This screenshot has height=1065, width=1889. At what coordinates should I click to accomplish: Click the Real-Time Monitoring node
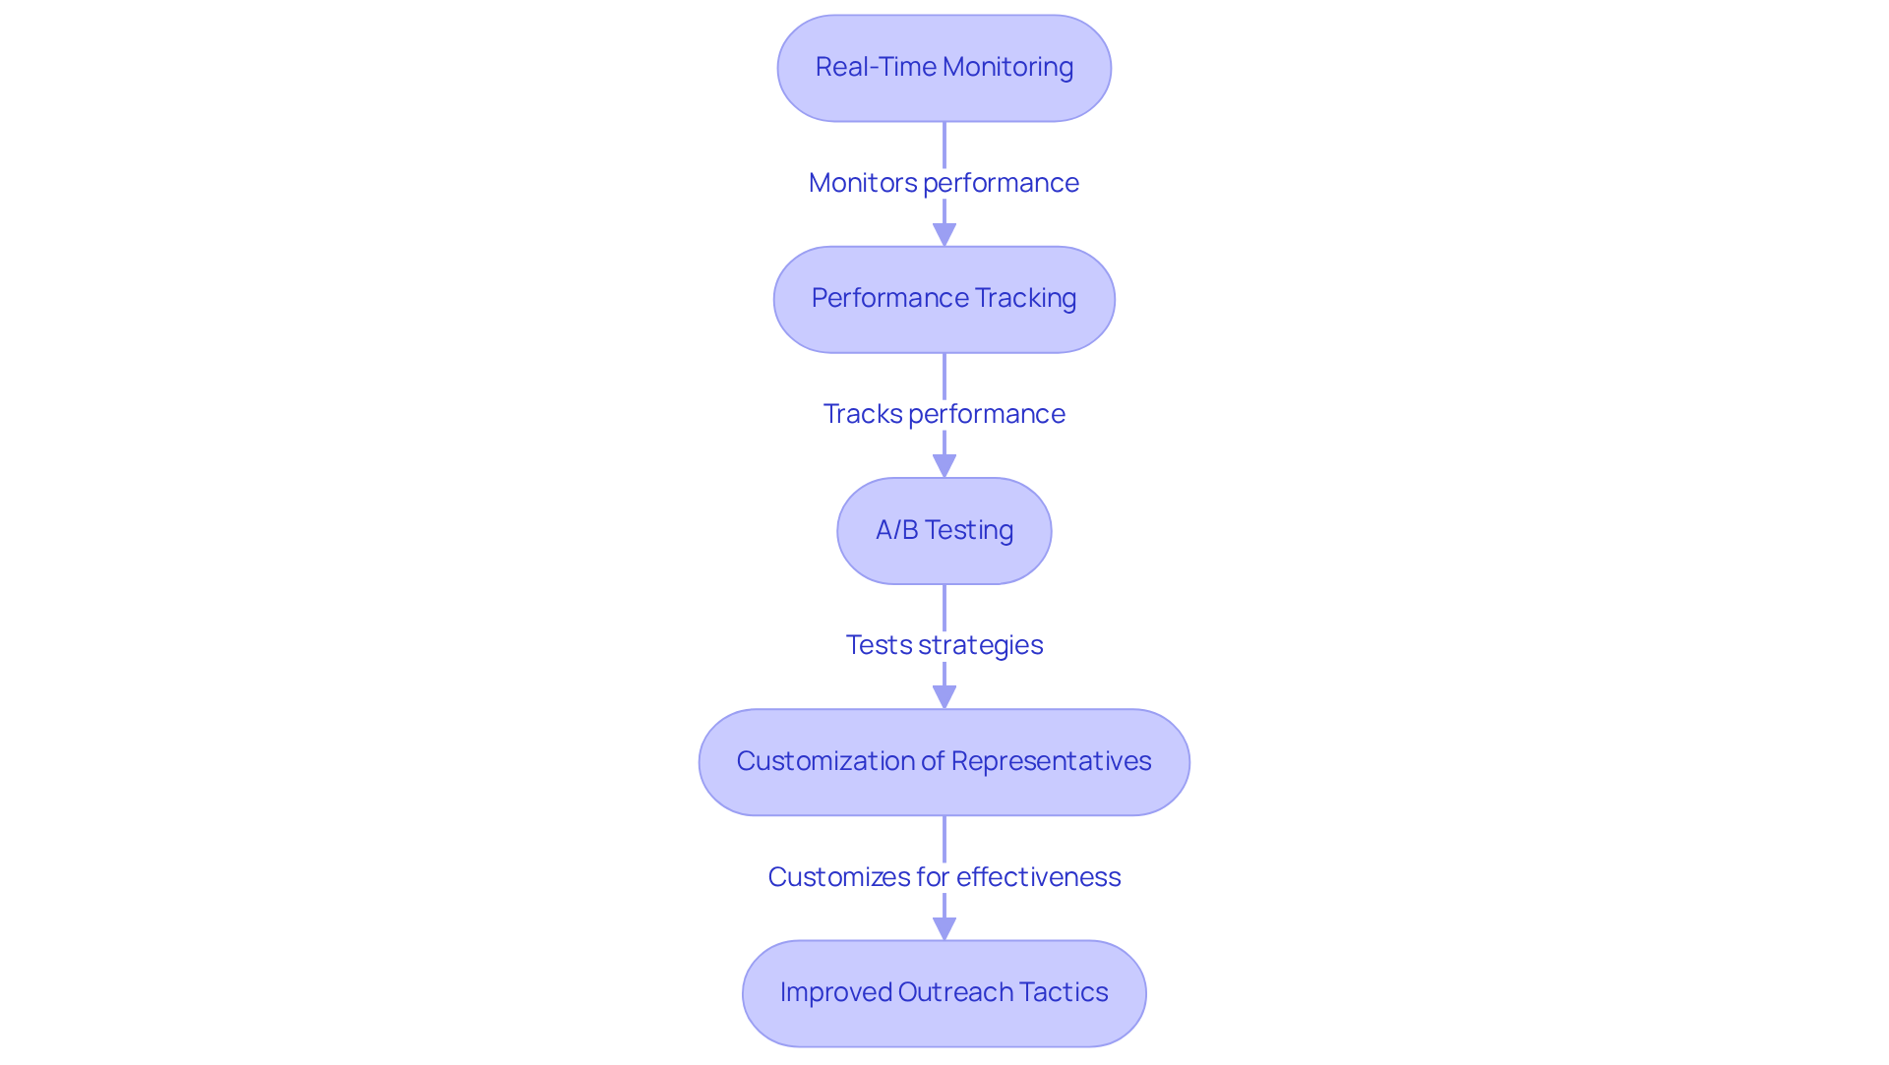point(944,68)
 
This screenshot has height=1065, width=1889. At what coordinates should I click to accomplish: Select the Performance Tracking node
point(944,299)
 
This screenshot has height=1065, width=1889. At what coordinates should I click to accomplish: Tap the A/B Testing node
point(944,531)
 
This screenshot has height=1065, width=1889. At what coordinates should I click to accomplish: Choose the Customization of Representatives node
point(944,762)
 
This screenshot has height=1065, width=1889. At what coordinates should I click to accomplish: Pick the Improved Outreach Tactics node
point(944,993)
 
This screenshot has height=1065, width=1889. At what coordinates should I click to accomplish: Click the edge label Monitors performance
point(944,183)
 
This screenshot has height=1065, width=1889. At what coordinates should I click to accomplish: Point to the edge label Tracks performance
point(944,414)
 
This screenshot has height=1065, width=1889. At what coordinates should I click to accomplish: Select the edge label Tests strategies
point(944,645)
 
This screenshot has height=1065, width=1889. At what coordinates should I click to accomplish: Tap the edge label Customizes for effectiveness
point(944,877)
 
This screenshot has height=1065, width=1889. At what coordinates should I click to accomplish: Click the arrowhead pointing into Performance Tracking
point(944,235)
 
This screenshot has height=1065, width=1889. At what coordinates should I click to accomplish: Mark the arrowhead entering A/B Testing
point(944,466)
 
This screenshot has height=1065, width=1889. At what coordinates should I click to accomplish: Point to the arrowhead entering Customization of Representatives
point(944,697)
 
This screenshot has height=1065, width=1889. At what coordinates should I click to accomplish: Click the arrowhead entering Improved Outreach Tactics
point(944,928)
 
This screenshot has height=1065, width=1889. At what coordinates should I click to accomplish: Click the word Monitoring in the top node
point(1007,67)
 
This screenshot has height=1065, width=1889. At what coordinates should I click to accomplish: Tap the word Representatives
point(1051,761)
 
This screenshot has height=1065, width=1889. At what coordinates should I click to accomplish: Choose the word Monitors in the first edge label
point(862,183)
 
